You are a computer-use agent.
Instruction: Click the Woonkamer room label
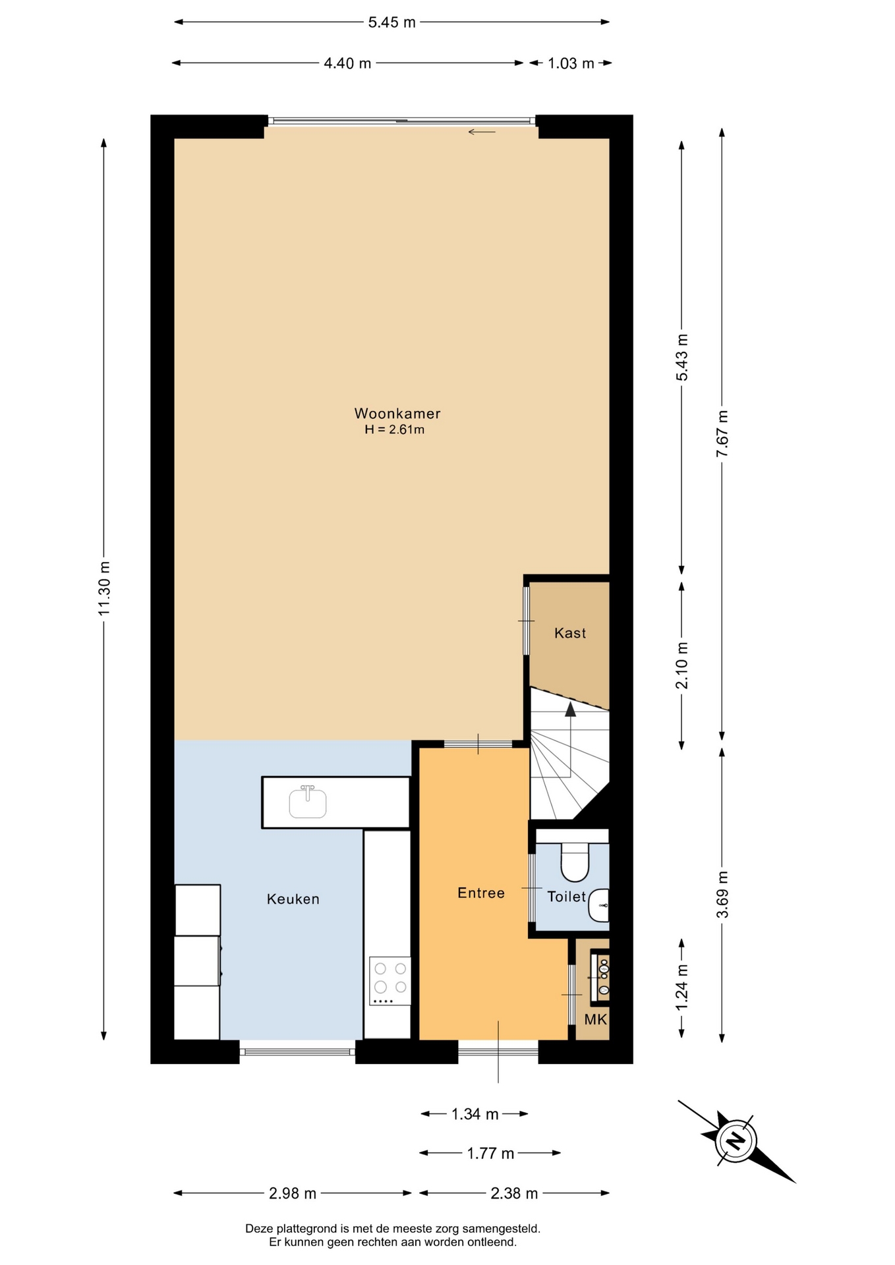coord(397,414)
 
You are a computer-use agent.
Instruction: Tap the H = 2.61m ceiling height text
coord(395,430)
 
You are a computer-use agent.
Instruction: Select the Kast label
coord(570,633)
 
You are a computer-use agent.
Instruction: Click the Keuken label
coord(293,899)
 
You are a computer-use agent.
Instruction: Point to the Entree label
coord(481,893)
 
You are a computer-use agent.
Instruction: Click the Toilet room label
coord(566,897)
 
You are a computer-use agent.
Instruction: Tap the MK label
coord(596,1020)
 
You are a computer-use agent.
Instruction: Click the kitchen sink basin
coord(308,803)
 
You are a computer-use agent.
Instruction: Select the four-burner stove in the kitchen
coord(390,981)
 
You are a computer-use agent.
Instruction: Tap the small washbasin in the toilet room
coord(599,906)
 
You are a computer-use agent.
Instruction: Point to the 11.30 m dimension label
coord(103,589)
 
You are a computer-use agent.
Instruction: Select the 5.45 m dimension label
coord(391,22)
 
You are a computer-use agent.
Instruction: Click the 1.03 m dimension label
coord(571,63)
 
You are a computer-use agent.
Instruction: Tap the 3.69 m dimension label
coord(722,895)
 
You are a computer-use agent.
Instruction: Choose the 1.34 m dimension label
coord(475,1114)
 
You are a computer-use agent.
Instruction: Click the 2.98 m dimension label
coord(293,1193)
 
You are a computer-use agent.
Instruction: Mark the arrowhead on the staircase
coord(570,708)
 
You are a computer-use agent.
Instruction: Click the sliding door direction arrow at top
coord(482,132)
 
